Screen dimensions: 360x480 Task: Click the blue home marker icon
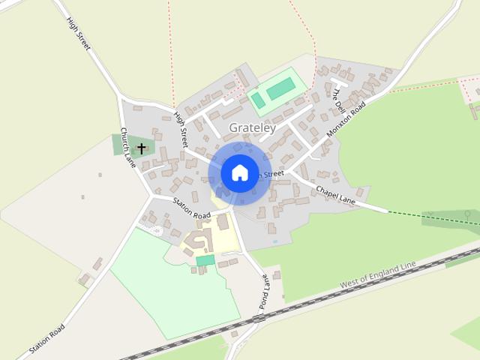point(239,173)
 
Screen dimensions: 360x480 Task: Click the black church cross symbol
point(141,148)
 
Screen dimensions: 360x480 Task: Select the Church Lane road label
point(127,147)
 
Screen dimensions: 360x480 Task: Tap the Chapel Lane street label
point(335,194)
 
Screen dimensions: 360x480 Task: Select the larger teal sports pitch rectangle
point(280,90)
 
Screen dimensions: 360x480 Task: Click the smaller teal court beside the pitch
point(257,100)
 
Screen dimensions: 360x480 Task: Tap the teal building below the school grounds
point(205,260)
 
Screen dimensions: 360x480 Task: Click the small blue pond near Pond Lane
point(275,241)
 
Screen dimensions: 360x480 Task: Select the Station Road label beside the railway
point(46,339)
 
